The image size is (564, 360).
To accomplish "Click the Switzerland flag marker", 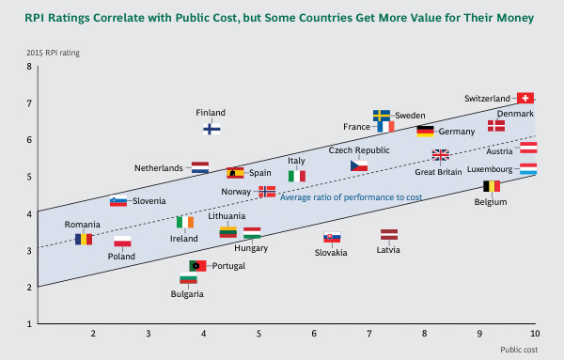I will (525, 98).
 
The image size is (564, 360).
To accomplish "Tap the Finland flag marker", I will (212, 128).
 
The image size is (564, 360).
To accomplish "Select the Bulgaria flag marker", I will (188, 279).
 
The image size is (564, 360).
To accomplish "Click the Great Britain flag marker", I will (440, 155).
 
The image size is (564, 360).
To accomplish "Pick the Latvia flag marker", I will (389, 235).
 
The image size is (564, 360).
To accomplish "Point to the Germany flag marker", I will (425, 132).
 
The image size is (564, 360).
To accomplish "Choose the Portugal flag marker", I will (197, 266).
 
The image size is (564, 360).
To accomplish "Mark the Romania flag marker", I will (84, 240).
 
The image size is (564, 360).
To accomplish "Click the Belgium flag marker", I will (491, 187).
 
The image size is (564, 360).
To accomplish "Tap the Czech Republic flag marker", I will (359, 165).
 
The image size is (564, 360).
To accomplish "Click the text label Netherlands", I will (159, 168).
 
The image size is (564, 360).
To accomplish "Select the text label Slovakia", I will (331, 252).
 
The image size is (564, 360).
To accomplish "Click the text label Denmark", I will (515, 114).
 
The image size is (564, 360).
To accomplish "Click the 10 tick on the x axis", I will (535, 334).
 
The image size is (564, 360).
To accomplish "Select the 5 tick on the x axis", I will (258, 334).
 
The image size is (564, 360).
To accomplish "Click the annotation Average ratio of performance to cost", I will (351, 196).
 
